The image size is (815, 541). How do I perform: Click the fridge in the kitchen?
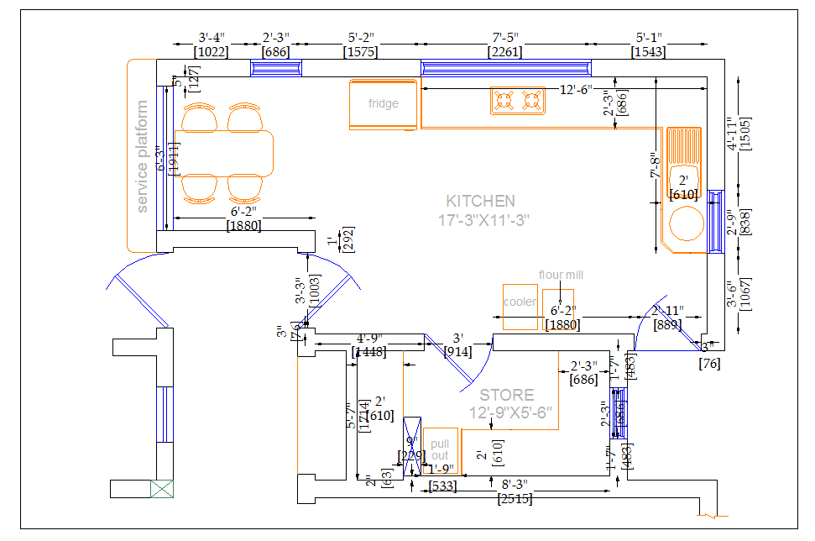[383, 105]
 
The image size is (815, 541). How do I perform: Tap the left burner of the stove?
[504, 102]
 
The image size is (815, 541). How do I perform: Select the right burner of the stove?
[530, 102]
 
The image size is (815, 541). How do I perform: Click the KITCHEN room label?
[480, 202]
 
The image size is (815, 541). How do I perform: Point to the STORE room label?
[506, 395]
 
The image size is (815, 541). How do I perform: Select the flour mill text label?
[561, 275]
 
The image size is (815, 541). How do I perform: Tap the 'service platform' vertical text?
[142, 157]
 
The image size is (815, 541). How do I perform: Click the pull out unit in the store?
[440, 450]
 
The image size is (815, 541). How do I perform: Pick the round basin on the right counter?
[687, 224]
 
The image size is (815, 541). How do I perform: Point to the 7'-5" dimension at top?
[506, 38]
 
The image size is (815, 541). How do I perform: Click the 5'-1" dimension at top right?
[649, 38]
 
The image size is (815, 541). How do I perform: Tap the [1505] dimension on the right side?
[746, 134]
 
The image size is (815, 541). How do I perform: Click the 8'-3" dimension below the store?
[515, 486]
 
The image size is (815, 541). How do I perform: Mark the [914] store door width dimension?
[457, 351]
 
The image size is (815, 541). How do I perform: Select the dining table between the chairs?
[224, 152]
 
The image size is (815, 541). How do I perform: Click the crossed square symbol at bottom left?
[162, 489]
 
